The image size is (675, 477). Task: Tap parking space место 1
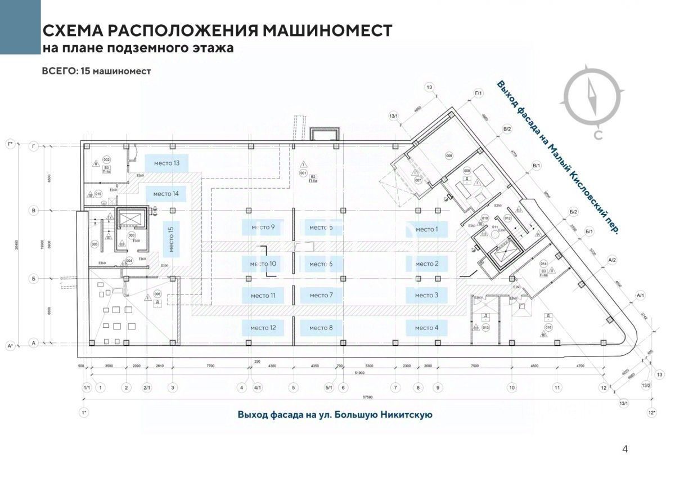pyautogui.click(x=426, y=229)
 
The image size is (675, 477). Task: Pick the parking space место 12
pyautogui.click(x=263, y=327)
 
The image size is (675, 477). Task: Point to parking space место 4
pyautogui.click(x=426, y=327)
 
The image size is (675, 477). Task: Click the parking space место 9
pyautogui.click(x=263, y=228)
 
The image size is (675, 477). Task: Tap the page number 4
pyautogui.click(x=624, y=449)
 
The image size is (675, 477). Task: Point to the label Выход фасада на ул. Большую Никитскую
pyautogui.click(x=335, y=415)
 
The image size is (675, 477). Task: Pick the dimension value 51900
pyautogui.click(x=361, y=373)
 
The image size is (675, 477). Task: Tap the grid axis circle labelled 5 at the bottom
pyautogui.click(x=293, y=387)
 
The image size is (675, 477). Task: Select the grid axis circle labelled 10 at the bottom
pyautogui.click(x=512, y=387)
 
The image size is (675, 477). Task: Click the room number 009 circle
pyautogui.click(x=449, y=155)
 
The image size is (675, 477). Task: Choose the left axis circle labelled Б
pyautogui.click(x=34, y=278)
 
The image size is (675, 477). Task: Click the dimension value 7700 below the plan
pyautogui.click(x=210, y=366)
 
